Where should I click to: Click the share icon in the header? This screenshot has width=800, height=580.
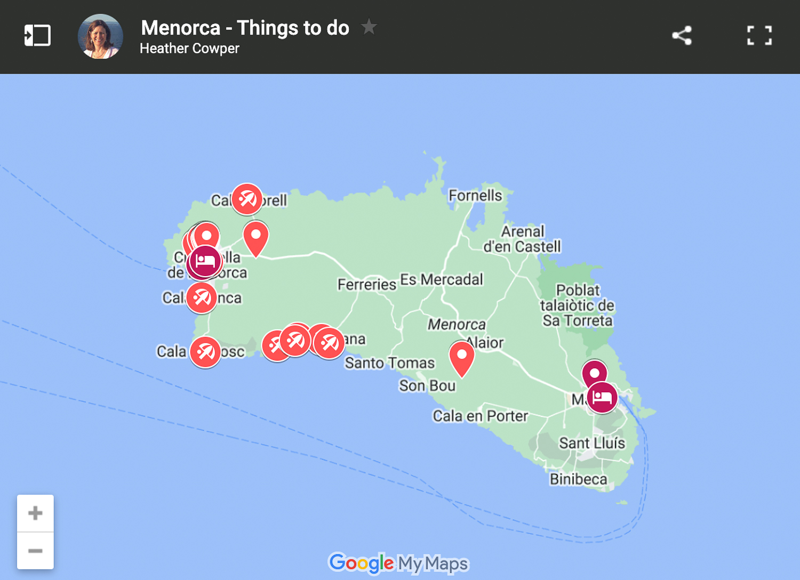pos(682,36)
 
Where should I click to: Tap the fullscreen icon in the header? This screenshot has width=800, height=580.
pos(759,36)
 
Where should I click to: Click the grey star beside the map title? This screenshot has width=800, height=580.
pos(369,27)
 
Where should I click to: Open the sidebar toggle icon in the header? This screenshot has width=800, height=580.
pos(37,36)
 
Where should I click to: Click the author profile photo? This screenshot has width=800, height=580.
pos(100,36)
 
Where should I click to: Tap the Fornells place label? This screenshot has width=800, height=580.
pos(475,196)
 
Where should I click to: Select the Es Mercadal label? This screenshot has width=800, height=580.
pos(442,279)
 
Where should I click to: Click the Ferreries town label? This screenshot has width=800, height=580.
pos(367,285)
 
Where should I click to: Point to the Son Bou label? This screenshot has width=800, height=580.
pos(427,385)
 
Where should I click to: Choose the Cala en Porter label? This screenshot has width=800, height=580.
pos(480,416)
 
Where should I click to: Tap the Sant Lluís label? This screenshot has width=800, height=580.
pos(592,443)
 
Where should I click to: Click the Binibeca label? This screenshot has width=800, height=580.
pos(579,479)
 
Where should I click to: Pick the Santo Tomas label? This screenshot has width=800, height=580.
pos(390,363)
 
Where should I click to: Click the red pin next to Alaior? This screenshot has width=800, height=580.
pos(462,357)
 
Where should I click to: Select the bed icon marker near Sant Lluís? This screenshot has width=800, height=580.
pos(602,397)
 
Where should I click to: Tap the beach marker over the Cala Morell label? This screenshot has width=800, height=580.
pos(247,199)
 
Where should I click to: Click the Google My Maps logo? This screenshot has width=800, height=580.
pos(398,563)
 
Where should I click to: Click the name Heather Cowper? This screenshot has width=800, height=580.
pos(189,49)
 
